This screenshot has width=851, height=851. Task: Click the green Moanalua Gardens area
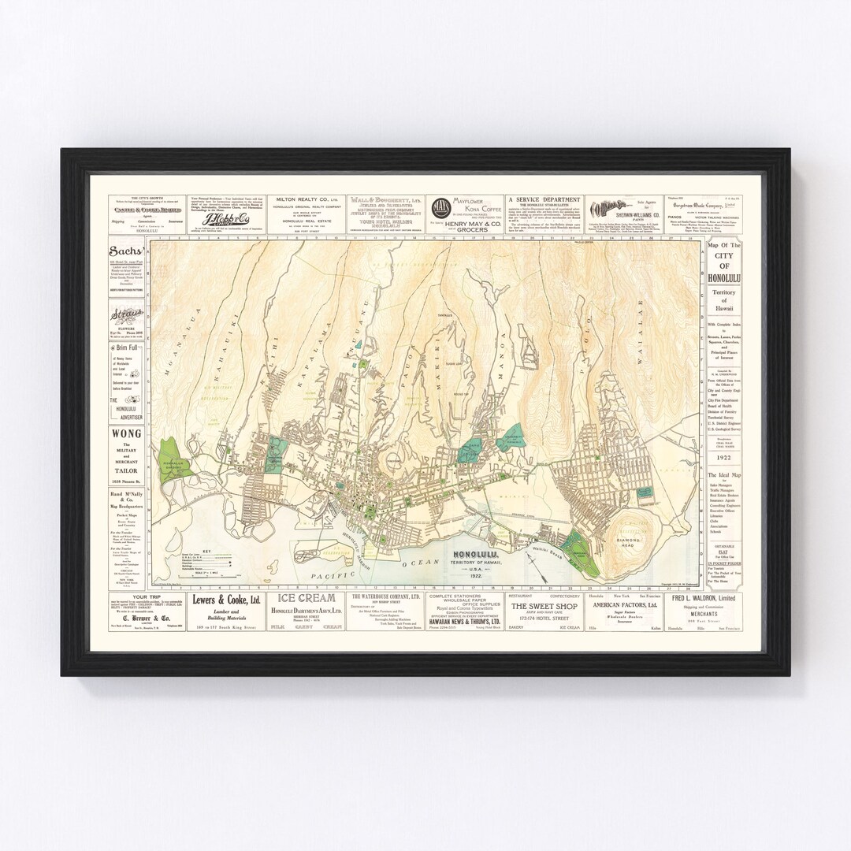(171, 463)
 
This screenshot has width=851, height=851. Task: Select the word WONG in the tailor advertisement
(125, 433)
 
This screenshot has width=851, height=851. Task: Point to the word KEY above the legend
(207, 549)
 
